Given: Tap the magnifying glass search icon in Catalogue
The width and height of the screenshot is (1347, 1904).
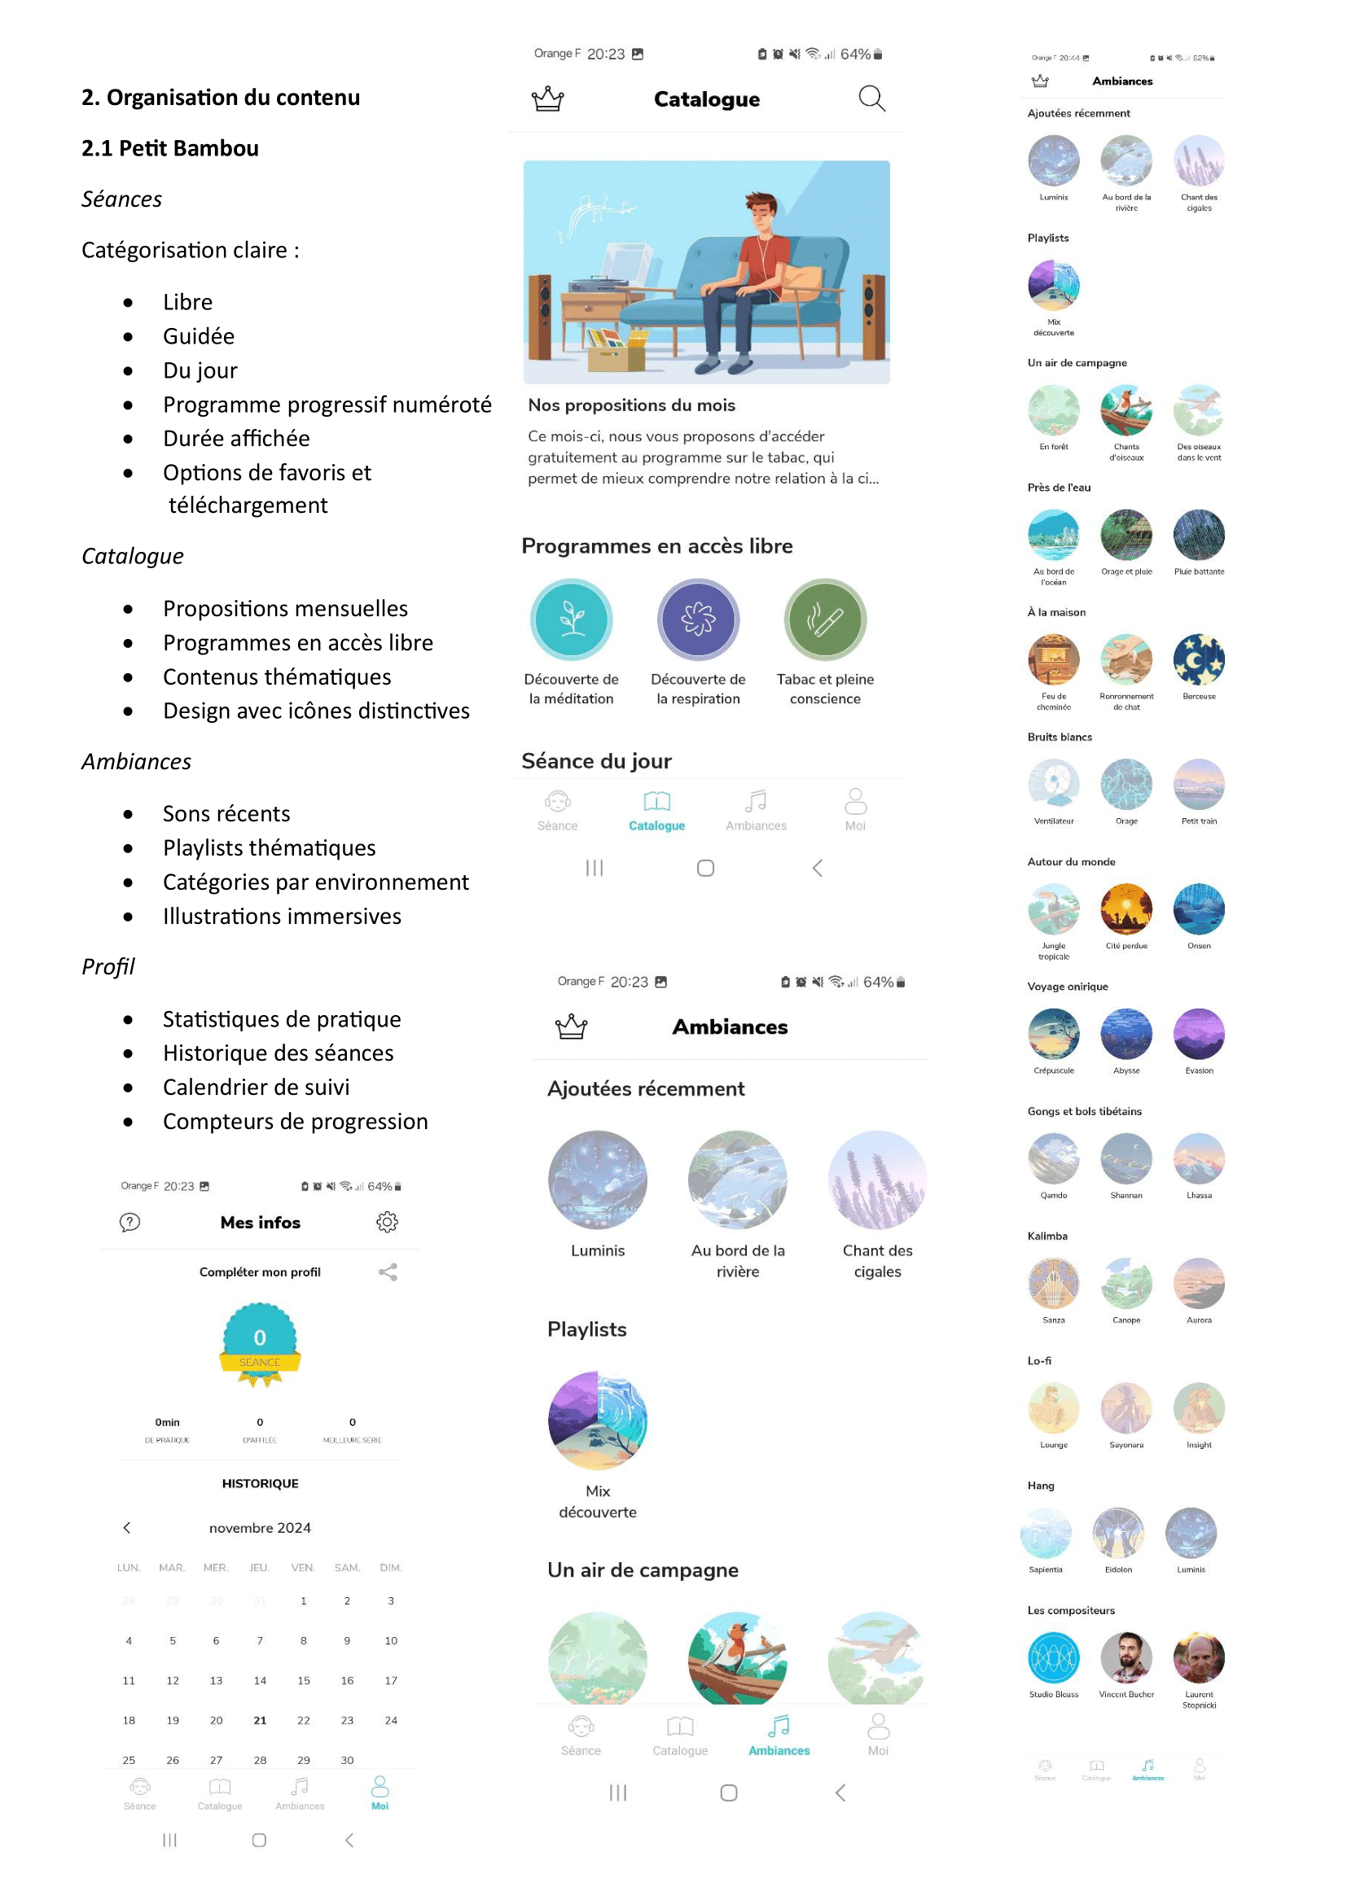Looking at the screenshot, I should coord(871,98).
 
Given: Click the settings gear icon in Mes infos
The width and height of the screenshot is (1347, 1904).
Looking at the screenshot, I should coord(388,1222).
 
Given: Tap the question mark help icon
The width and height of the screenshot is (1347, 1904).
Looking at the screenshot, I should coord(130,1222).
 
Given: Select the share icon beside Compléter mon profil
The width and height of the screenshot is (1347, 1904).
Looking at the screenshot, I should coord(388,1272).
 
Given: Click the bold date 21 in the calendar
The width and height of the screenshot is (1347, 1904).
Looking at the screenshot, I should coord(260,1720).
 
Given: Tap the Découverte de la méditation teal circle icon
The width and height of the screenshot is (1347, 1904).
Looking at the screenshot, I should coord(572,619).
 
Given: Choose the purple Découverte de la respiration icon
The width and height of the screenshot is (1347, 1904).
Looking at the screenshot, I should coord(699,619).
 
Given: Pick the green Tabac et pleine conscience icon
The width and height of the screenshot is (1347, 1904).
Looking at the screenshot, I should coord(825,619).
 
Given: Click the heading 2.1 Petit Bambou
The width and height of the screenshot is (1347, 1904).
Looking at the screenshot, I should coord(170,148).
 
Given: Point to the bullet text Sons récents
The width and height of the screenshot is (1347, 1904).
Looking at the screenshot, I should coord(226,813).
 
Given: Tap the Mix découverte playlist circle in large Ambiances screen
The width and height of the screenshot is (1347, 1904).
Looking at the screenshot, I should coord(597,1420).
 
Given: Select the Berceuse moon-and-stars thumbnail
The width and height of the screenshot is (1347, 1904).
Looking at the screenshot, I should coord(1199,660).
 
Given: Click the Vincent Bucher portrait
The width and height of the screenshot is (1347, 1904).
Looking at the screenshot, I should coord(1125,1657).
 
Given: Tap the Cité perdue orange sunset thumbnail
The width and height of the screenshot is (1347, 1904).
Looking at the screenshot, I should coord(1125,910).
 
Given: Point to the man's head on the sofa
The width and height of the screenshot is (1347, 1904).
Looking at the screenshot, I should coord(761,213).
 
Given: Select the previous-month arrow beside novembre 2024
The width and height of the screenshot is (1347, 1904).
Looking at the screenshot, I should coord(127,1527).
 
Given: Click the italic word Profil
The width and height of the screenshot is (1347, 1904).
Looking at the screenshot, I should coord(108,967).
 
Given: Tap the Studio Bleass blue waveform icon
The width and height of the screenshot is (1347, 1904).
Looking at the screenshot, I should coord(1053,1657).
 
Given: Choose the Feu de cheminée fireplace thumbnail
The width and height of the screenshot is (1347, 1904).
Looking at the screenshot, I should coord(1053,660).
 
